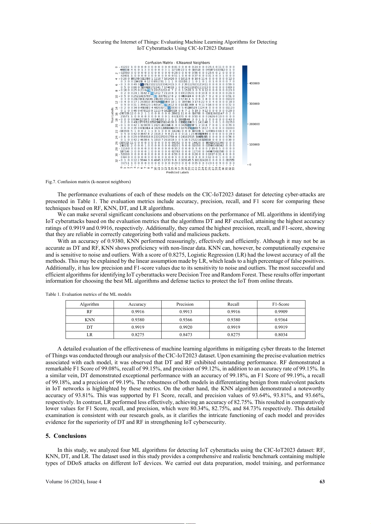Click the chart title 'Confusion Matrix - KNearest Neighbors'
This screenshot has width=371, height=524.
[x=177, y=63]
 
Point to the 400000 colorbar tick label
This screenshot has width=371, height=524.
[x=254, y=83]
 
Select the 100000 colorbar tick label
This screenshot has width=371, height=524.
[x=254, y=144]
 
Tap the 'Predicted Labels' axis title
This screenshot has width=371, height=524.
[x=177, y=172]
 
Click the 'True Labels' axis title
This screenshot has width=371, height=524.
[x=112, y=115]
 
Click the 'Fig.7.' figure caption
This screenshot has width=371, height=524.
[x=51, y=182]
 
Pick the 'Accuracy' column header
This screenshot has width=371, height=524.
[x=137, y=304]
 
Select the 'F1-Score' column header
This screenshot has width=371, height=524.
[x=281, y=304]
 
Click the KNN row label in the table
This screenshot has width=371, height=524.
[x=89, y=320]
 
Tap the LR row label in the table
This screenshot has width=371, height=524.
[x=89, y=335]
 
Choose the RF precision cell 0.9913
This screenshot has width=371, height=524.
[x=185, y=312]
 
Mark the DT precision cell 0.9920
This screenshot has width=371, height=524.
[x=185, y=327]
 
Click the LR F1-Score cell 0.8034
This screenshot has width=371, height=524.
[x=281, y=335]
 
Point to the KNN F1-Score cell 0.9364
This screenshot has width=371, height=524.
[x=281, y=320]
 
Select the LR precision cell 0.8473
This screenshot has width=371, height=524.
[x=185, y=335]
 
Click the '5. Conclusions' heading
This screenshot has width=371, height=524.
[x=66, y=436]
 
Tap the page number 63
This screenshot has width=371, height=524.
[x=322, y=481]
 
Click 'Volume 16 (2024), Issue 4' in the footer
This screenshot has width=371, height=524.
[x=73, y=481]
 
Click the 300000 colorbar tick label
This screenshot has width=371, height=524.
[x=254, y=104]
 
